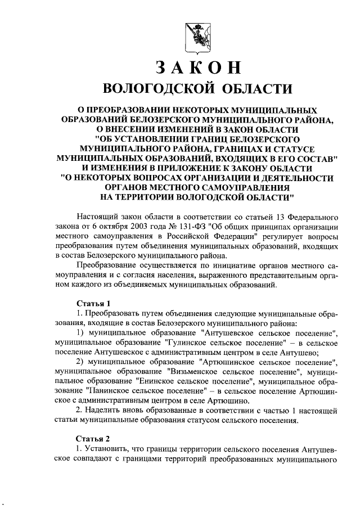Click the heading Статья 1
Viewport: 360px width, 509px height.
point(91,304)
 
